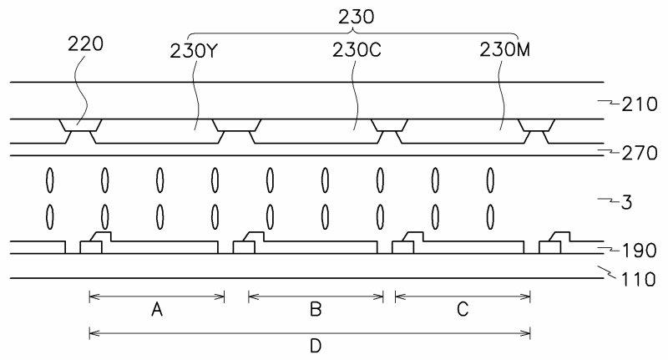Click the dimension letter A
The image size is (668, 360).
click(x=156, y=310)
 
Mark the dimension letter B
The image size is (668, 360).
click(x=316, y=310)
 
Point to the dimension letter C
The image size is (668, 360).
click(x=463, y=310)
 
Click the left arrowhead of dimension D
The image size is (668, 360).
click(x=92, y=333)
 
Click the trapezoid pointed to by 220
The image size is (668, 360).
click(x=80, y=125)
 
